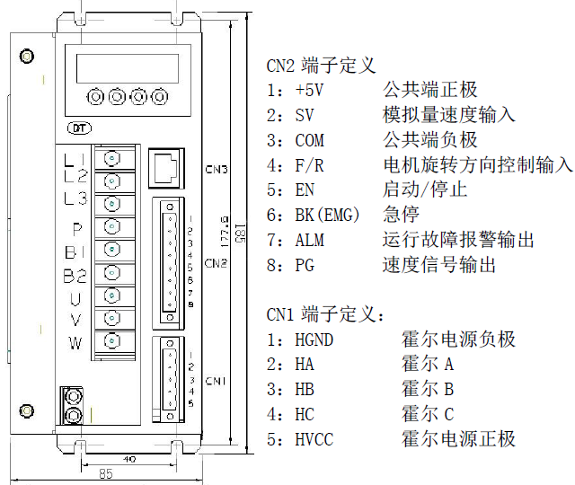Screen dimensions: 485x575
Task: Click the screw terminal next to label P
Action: [x=111, y=227]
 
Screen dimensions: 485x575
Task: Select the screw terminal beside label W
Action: [x=111, y=341]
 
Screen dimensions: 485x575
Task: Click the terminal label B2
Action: [x=75, y=274]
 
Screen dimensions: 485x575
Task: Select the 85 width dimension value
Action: [x=105, y=474]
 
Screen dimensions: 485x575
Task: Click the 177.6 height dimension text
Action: [x=226, y=231]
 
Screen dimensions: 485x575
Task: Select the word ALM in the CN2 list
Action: [x=309, y=241]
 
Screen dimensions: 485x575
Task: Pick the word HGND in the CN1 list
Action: [x=314, y=339]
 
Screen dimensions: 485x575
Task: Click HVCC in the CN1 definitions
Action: [x=314, y=439]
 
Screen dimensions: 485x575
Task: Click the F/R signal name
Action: [x=309, y=165]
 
